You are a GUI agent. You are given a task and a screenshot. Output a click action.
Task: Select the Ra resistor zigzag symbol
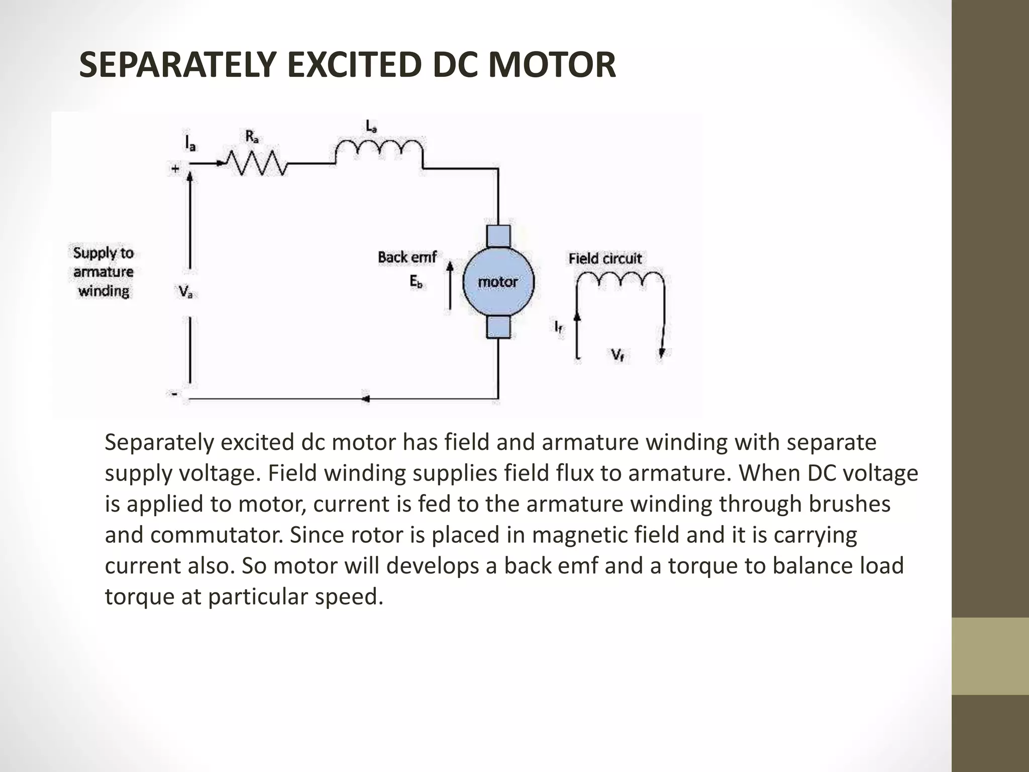(256, 163)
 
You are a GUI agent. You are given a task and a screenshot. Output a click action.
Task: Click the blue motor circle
(497, 282)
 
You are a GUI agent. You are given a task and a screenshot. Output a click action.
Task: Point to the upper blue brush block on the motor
(498, 236)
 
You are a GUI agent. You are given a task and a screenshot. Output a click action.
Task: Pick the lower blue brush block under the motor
(498, 327)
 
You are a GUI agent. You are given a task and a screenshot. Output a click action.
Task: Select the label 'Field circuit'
(605, 258)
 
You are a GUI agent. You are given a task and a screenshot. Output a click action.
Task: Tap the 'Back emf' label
(407, 257)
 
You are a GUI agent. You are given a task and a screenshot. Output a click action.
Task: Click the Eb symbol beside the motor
(416, 282)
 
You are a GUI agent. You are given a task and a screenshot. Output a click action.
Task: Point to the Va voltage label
(185, 292)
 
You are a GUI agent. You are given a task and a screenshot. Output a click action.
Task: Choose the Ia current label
(190, 144)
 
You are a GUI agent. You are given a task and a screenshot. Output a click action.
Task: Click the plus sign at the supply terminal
(175, 169)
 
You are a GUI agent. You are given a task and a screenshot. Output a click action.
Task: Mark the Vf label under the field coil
(618, 355)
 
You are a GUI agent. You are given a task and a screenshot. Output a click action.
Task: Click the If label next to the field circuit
(559, 327)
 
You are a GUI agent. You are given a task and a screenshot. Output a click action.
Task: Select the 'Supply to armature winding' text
(104, 272)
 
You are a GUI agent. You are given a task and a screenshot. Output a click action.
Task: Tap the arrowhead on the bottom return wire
(366, 399)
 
